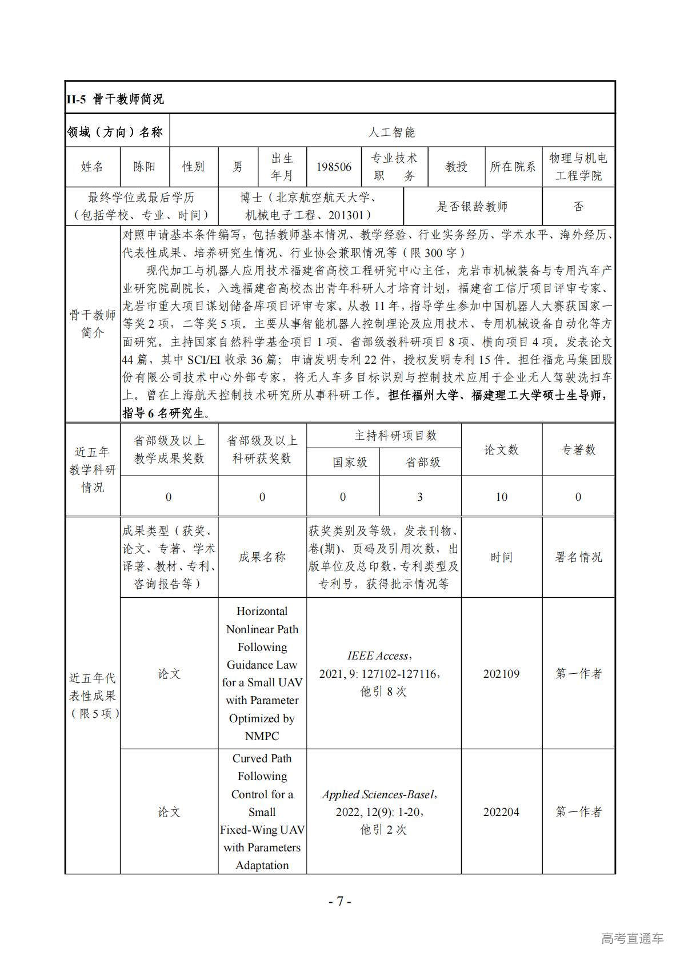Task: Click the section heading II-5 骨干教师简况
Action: click(115, 99)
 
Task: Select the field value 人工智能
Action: click(391, 132)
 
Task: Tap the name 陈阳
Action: click(144, 167)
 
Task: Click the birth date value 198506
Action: click(334, 167)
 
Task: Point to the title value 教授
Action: click(456, 167)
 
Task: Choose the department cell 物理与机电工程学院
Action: click(578, 167)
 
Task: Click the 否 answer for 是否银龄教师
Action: click(578, 206)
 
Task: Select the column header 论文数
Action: click(501, 450)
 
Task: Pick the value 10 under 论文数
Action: click(501, 497)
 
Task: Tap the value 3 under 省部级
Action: click(420, 497)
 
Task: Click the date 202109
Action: click(501, 674)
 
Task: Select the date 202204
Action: click(501, 812)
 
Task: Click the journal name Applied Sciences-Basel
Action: click(379, 794)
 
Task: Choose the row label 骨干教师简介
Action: click(93, 324)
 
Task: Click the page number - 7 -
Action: click(340, 902)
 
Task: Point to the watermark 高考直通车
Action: click(632, 938)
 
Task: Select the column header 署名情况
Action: click(578, 557)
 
